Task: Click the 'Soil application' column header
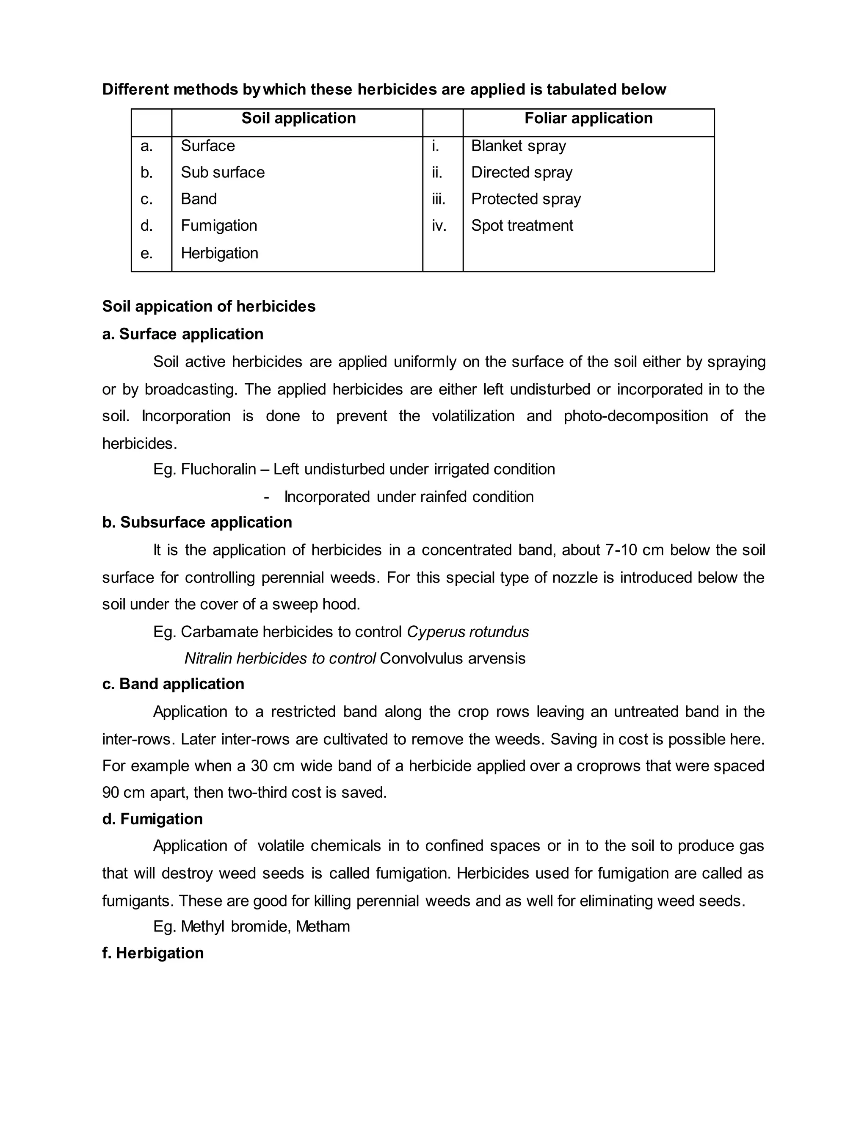click(x=298, y=118)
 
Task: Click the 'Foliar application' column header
click(x=588, y=118)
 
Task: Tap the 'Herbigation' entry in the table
click(x=219, y=253)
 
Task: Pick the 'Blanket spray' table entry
click(x=518, y=146)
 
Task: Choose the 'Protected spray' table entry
click(x=526, y=199)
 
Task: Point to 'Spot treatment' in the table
click(x=522, y=226)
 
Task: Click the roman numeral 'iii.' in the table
click(x=439, y=199)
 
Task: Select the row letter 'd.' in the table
click(x=147, y=226)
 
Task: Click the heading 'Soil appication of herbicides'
click(x=209, y=306)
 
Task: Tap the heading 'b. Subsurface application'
click(x=197, y=522)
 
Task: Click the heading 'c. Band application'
click(x=173, y=684)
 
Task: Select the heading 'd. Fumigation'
click(x=152, y=819)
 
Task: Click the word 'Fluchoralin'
click(x=218, y=469)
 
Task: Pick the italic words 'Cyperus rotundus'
click(x=468, y=631)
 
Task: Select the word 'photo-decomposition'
click(x=636, y=416)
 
